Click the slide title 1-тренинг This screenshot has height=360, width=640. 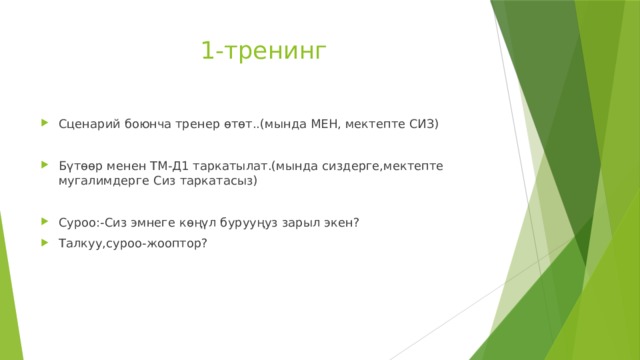click(x=263, y=52)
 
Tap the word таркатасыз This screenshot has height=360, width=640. click(x=225, y=182)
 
